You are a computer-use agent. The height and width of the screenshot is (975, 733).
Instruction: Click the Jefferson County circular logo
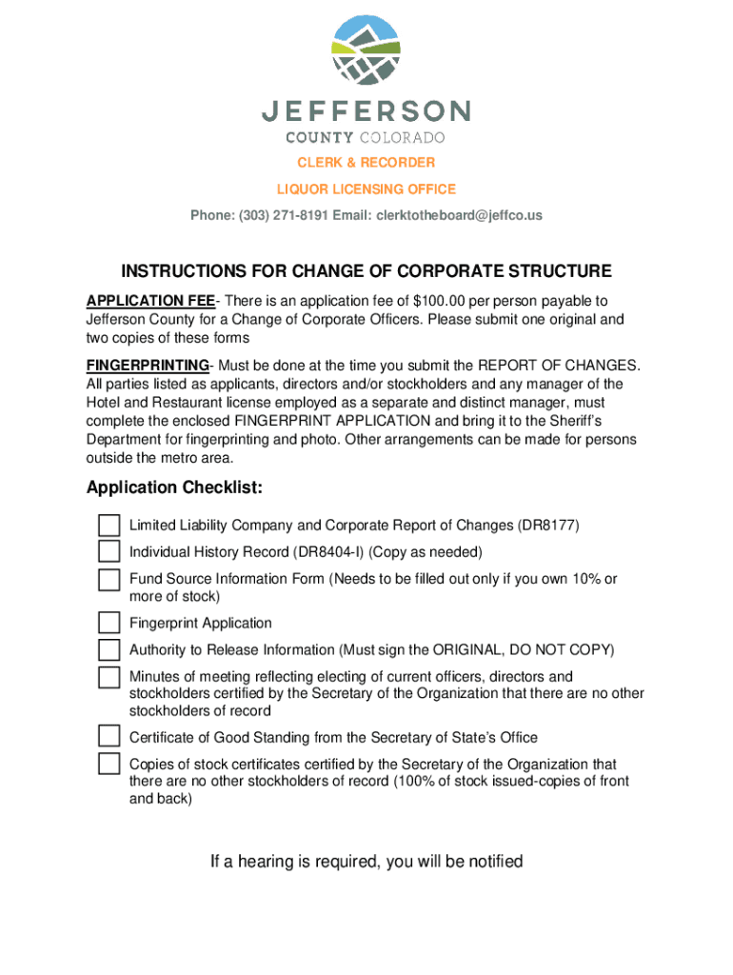tap(366, 50)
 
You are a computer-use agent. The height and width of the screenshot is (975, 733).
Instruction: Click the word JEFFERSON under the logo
tap(366, 111)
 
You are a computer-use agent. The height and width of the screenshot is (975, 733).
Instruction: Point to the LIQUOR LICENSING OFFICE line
tap(366, 189)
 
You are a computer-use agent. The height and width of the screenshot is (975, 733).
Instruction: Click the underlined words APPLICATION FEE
tap(150, 302)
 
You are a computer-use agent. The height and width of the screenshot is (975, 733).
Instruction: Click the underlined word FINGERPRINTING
tap(148, 367)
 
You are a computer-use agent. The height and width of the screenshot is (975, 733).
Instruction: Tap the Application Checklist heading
tap(174, 488)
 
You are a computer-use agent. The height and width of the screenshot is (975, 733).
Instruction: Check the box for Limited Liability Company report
tap(109, 526)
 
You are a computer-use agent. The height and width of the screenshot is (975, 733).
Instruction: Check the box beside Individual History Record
tap(109, 552)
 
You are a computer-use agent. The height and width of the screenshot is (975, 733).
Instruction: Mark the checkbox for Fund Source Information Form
tap(109, 580)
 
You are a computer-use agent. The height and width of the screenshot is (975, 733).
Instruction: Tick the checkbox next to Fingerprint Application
tap(109, 624)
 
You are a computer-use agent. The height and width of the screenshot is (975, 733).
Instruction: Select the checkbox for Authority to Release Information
tap(109, 650)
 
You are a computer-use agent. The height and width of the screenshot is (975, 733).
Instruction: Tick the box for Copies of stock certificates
tap(109, 765)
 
